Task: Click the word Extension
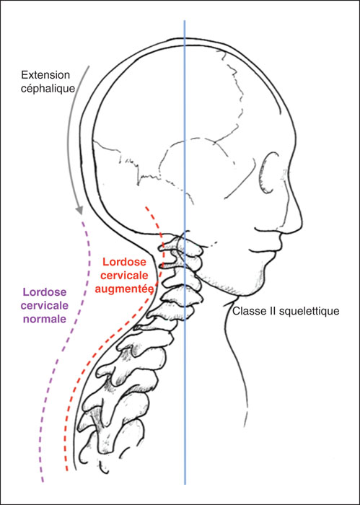pyautogui.click(x=45, y=75)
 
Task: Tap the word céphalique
pyautogui.click(x=48, y=89)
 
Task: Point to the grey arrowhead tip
pyautogui.click(x=79, y=214)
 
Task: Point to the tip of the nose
pyautogui.click(x=302, y=222)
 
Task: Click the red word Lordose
pyautogui.click(x=124, y=261)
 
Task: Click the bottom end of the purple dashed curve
pyautogui.click(x=43, y=482)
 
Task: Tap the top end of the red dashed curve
pyautogui.click(x=146, y=207)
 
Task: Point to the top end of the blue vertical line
pyautogui.click(x=185, y=20)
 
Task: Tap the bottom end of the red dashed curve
pyautogui.click(x=67, y=471)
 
